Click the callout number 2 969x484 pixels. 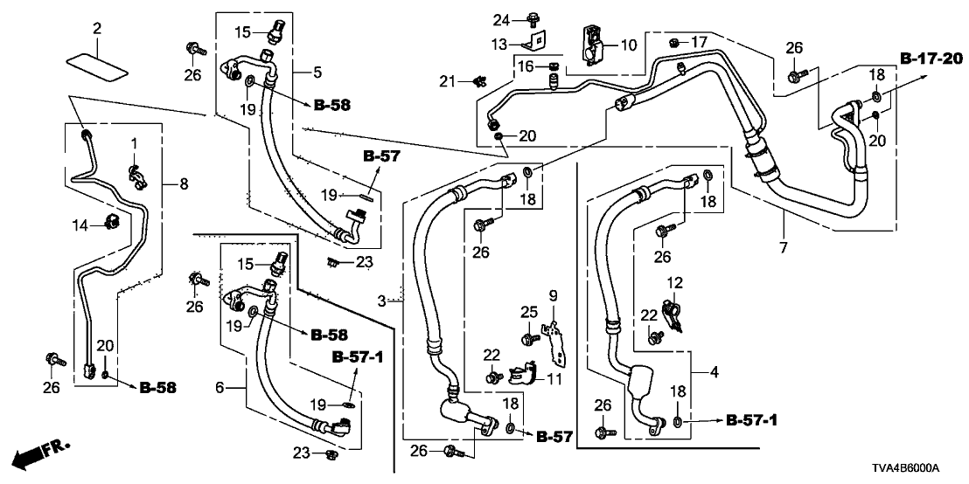(97, 29)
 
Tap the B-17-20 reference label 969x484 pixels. (931, 59)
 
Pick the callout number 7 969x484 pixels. (783, 248)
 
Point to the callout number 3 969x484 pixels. (381, 301)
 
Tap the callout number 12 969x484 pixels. (673, 282)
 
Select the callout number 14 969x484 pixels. (79, 225)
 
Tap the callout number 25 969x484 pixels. (526, 312)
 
